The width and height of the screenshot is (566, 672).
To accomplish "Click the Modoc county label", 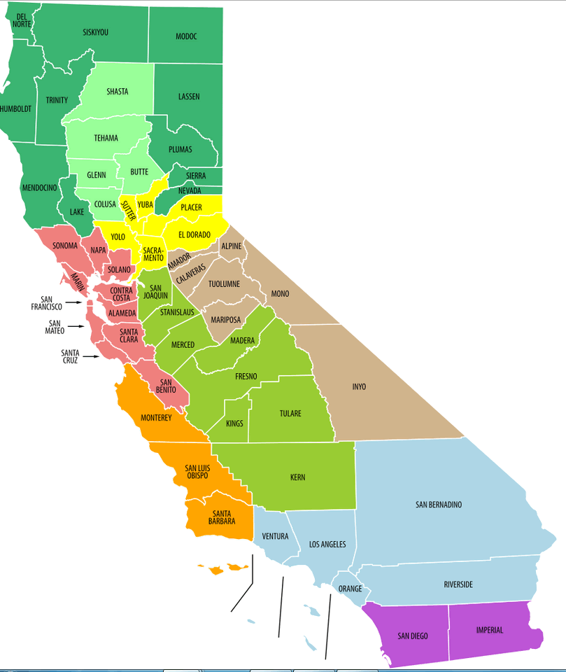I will (x=187, y=36).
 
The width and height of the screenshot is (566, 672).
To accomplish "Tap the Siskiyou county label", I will (x=95, y=32).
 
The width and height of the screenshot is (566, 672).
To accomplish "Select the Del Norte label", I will (x=22, y=20).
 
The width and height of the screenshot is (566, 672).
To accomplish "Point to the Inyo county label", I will (x=359, y=386).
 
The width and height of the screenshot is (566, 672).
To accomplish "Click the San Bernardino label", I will (x=439, y=505).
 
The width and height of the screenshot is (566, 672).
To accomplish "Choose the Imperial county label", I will (x=490, y=630).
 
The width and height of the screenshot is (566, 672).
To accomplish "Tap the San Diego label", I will (x=413, y=636).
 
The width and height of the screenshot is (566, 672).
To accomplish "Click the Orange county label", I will (x=350, y=589).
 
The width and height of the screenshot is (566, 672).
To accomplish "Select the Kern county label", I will (x=297, y=478).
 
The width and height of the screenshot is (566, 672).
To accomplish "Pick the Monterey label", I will (x=156, y=418).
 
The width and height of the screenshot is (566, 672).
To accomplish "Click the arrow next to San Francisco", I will (x=73, y=303).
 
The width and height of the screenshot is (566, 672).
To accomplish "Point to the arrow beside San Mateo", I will (x=76, y=327).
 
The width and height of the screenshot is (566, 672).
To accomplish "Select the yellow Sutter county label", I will (x=129, y=210).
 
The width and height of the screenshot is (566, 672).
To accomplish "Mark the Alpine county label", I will (x=231, y=246).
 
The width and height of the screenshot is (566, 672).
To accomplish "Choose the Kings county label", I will (x=235, y=423).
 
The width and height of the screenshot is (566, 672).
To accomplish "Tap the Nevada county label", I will (x=190, y=190).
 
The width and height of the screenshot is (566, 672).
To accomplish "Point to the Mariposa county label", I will (x=226, y=320).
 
